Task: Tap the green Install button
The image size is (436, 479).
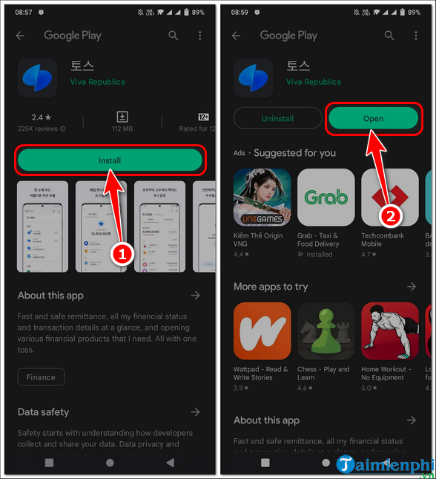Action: click(110, 160)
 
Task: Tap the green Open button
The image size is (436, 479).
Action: click(373, 119)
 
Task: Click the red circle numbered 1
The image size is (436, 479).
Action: click(122, 253)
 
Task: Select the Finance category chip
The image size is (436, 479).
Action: click(41, 377)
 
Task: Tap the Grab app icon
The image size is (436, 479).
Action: click(326, 198)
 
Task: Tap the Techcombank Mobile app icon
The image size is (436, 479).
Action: click(389, 198)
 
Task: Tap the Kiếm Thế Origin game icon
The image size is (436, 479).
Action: click(262, 198)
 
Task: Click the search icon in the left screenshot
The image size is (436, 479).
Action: click(173, 36)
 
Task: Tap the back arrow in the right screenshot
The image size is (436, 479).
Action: click(237, 36)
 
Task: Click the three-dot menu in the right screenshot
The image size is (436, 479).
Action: click(417, 36)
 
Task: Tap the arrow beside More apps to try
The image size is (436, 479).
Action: click(412, 287)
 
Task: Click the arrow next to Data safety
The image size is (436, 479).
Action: click(195, 411)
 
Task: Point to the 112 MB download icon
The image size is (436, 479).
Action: click(122, 117)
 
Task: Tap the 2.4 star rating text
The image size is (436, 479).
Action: click(41, 117)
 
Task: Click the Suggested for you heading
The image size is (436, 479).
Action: click(294, 153)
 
